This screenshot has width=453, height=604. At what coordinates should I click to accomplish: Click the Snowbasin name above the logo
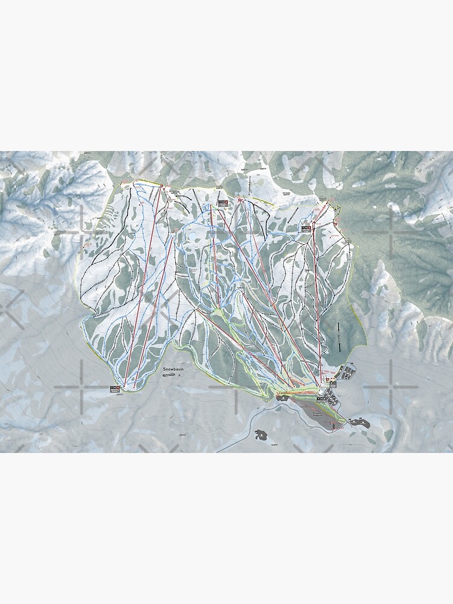click(x=172, y=368)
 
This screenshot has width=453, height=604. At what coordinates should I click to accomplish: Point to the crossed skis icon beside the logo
click(x=179, y=376)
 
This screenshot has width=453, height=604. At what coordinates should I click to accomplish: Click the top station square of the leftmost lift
click(x=162, y=185)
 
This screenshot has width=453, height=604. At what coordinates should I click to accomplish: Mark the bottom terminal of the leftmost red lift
click(x=125, y=386)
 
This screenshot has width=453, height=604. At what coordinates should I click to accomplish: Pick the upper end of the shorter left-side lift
click(x=173, y=237)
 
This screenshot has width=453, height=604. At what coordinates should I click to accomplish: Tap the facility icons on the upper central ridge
click(x=223, y=203)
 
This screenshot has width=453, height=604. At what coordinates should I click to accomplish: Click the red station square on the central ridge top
click(x=240, y=200)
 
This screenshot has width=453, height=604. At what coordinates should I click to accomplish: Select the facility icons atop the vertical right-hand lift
click(x=306, y=228)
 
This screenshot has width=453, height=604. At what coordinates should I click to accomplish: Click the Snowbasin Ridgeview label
click(x=316, y=410)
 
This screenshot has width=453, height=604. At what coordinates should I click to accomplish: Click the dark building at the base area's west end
click(x=283, y=396)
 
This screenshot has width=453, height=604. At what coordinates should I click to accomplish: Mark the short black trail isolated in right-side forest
click(x=339, y=335)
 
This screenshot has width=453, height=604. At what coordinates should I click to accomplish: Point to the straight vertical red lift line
click(x=315, y=302)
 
